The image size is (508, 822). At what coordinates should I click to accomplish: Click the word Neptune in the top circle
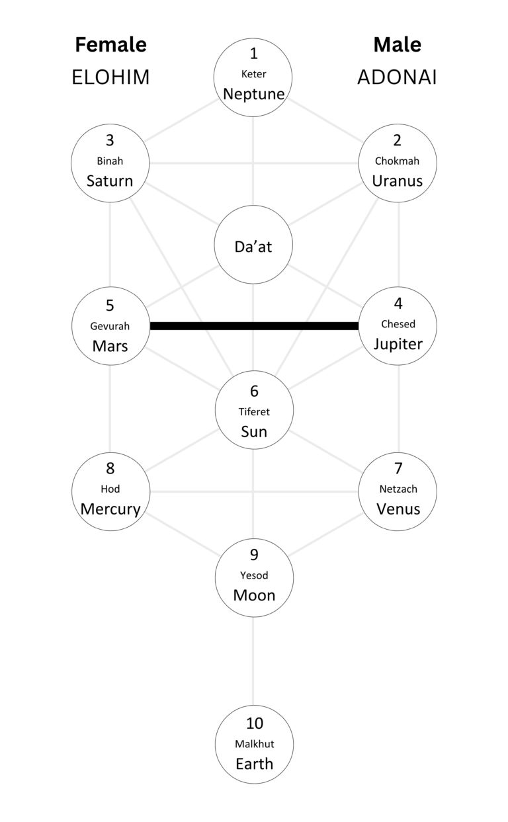(254, 94)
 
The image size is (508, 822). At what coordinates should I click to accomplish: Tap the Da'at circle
(254, 246)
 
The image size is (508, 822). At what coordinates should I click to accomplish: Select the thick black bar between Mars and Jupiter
(254, 325)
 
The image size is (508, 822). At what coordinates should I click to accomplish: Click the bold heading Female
(110, 45)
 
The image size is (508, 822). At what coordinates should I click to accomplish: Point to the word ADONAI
(397, 77)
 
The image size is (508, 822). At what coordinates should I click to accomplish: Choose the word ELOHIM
(110, 77)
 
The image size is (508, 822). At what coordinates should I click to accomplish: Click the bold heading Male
(397, 45)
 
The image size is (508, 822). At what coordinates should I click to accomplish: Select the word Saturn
(110, 181)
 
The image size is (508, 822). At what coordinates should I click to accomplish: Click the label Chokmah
(397, 161)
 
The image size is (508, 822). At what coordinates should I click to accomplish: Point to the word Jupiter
(398, 344)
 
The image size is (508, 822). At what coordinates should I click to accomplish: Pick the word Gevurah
(110, 326)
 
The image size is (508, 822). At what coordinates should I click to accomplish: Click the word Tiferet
(254, 411)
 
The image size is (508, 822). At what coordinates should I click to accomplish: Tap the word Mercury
(110, 509)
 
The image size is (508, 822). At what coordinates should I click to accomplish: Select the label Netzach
(398, 489)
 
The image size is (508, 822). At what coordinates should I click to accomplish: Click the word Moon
(254, 595)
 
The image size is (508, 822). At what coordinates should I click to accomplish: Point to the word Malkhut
(254, 744)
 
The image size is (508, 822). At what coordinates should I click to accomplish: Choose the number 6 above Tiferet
(254, 391)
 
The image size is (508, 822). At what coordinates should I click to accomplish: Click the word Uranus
(397, 181)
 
